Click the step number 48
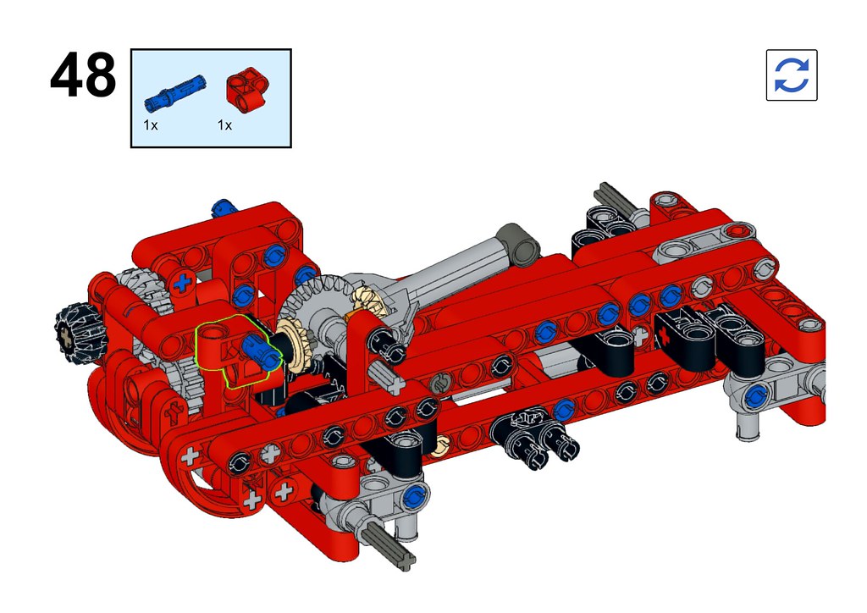83,75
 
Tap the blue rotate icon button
792,75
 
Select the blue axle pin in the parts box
174,93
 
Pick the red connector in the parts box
247,90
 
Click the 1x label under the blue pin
151,125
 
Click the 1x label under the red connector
224,125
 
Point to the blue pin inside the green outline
261,354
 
